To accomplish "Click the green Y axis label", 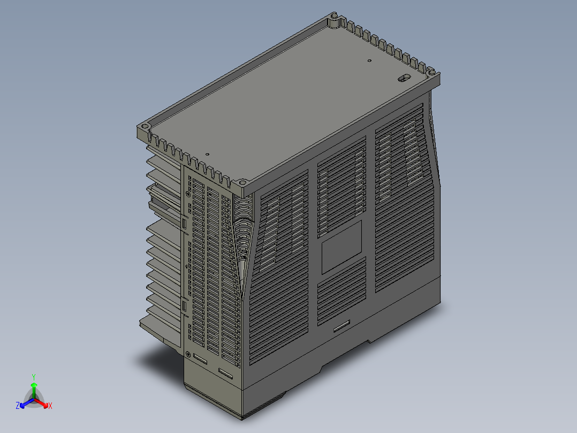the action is [34, 377].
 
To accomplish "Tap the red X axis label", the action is [50, 406].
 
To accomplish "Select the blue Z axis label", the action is [18, 405].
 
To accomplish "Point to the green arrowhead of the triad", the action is [34, 385].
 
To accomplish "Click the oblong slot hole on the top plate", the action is [405, 78].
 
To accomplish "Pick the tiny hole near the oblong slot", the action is [369, 61].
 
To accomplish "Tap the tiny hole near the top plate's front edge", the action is [207, 154].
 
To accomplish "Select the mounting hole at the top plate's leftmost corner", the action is [145, 126].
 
